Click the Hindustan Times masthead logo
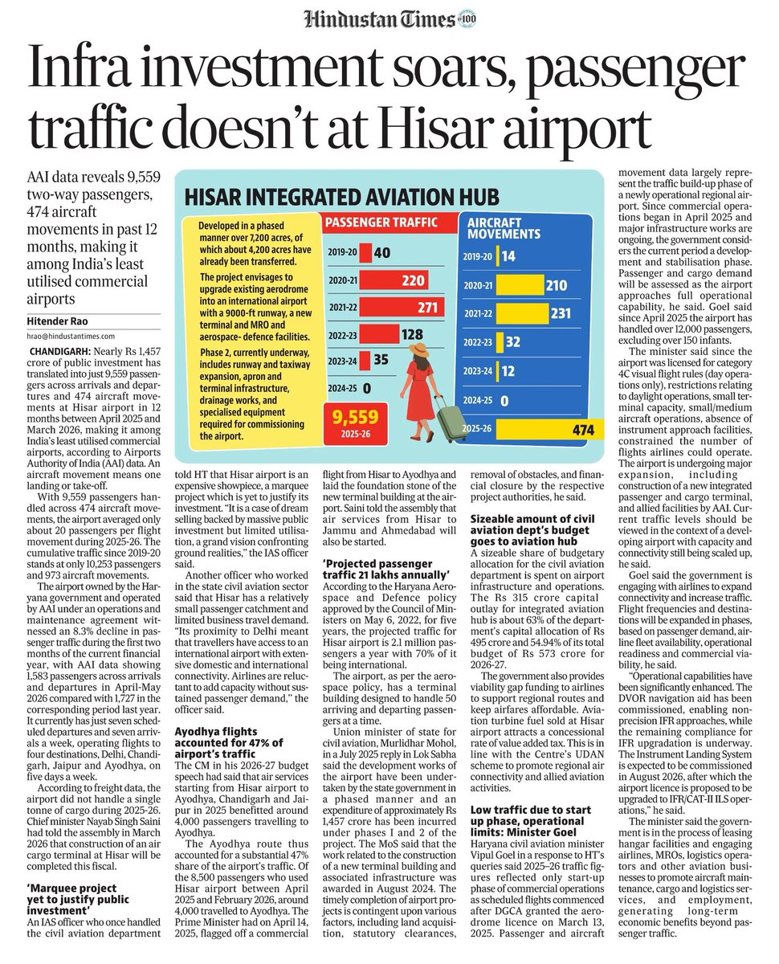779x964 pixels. point(380,19)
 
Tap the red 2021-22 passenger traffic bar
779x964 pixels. point(402,307)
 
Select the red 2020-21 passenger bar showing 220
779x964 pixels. point(394,280)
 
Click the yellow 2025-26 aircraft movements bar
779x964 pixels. point(549,429)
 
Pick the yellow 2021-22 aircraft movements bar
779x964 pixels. point(522,313)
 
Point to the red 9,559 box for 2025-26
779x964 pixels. point(356,423)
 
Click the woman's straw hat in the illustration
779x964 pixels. point(419,349)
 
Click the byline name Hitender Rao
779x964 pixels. point(58,321)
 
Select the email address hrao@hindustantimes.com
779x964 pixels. point(71,337)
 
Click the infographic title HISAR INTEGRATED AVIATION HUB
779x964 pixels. point(342,197)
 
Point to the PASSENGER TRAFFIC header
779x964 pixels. point(381,223)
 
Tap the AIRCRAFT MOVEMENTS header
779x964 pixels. point(504,228)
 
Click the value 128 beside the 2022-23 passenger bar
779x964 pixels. point(412,334)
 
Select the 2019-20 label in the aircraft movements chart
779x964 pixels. point(477,256)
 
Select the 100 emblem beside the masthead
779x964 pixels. point(467,19)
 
